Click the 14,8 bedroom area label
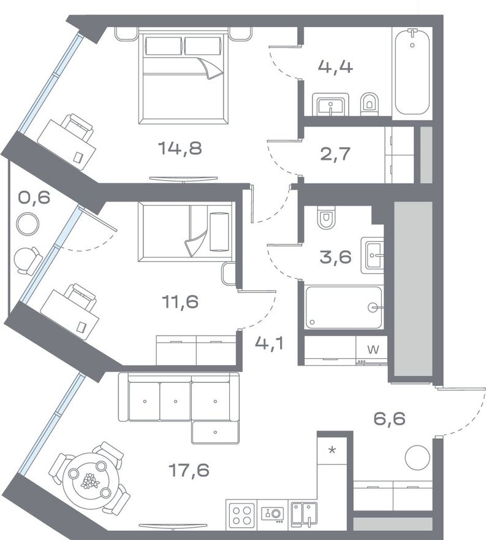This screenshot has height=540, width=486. pyautogui.click(x=180, y=148)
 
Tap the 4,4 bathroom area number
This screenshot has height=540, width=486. pyautogui.click(x=335, y=66)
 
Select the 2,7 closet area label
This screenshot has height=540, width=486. pyautogui.click(x=335, y=153)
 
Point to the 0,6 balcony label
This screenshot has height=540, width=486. pyautogui.click(x=34, y=198)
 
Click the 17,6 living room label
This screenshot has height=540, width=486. pyautogui.click(x=189, y=470)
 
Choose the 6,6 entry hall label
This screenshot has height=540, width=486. pyautogui.click(x=390, y=418)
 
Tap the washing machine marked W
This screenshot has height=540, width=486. pyautogui.click(x=371, y=350)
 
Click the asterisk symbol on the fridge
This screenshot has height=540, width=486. pyautogui.click(x=332, y=450)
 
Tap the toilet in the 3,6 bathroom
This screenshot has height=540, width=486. pyautogui.click(x=325, y=218)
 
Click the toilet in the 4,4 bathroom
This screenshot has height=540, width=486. pyautogui.click(x=370, y=103)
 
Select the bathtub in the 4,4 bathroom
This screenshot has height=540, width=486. pyautogui.click(x=412, y=72)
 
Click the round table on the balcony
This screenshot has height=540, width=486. pyautogui.click(x=28, y=224)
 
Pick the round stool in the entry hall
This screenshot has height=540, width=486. pyautogui.click(x=417, y=457)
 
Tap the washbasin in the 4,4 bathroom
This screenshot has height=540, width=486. pyautogui.click(x=330, y=104)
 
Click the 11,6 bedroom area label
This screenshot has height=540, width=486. pyautogui.click(x=180, y=302)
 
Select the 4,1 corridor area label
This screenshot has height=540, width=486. pyautogui.click(x=269, y=344)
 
